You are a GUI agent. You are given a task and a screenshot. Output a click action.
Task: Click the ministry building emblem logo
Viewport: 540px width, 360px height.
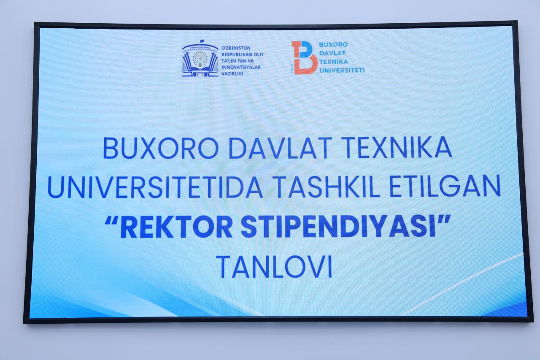(200, 59)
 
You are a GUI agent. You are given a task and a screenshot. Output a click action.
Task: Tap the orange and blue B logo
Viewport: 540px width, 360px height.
(304, 57)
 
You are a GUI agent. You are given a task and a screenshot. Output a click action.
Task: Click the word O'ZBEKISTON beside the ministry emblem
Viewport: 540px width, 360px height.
(232, 48)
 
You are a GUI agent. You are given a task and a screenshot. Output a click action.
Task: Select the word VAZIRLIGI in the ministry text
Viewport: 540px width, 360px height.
(232, 74)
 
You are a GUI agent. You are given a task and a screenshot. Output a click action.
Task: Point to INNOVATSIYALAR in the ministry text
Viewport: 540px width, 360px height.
(241, 67)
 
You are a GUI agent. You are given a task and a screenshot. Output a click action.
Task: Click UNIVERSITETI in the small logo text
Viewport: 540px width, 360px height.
(342, 70)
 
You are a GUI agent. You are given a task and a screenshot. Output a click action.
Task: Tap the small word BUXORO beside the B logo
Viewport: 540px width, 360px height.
(333, 44)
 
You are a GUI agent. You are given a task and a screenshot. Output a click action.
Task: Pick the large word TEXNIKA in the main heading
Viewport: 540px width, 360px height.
(397, 147)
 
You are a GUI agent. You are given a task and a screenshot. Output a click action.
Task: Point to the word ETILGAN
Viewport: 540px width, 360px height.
(445, 186)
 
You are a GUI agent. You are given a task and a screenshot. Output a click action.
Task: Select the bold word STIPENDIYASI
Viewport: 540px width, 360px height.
(338, 227)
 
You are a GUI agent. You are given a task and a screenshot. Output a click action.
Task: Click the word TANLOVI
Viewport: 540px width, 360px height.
(274, 267)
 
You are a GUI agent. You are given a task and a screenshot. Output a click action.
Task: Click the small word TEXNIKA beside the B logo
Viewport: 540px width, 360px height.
(334, 62)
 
